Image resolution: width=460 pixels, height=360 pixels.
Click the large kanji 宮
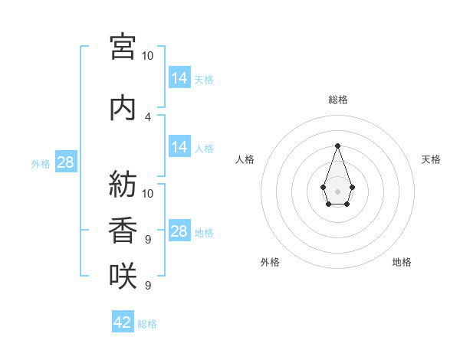(123, 47)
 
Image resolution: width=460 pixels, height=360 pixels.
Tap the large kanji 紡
(123, 184)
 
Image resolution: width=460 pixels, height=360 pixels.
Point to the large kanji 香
(123, 230)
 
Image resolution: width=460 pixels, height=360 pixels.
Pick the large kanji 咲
(123, 276)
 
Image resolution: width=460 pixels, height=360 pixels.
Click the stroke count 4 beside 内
(148, 117)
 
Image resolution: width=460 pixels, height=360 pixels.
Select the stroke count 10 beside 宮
(147, 56)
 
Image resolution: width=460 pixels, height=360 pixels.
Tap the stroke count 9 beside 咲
(148, 285)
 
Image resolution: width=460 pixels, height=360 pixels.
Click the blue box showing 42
(123, 321)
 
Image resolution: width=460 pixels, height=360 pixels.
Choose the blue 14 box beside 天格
(180, 77)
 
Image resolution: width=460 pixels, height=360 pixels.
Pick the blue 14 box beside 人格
(180, 146)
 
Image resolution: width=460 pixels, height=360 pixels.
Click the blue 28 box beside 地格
(180, 230)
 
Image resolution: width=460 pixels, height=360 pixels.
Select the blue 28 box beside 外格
(66, 162)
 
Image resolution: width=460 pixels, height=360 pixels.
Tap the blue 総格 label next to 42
(147, 324)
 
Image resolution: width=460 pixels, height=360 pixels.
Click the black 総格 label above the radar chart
(338, 100)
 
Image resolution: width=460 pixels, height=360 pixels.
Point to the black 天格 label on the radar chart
(431, 159)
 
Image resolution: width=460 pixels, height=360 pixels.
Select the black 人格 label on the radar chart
(245, 159)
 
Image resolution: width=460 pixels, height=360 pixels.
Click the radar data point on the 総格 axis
(337, 146)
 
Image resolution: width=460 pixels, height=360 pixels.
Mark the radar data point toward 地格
(347, 204)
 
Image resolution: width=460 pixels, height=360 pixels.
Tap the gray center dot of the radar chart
(337, 191)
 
